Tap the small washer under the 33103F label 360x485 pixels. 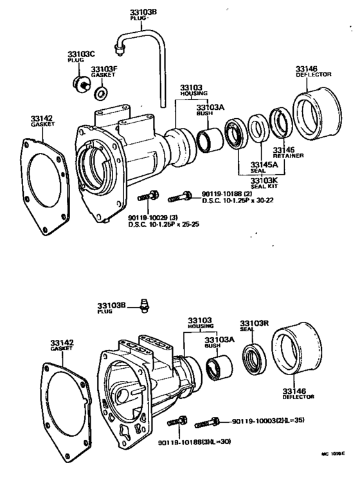point(102,94)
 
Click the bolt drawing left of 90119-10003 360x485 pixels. point(204,423)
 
